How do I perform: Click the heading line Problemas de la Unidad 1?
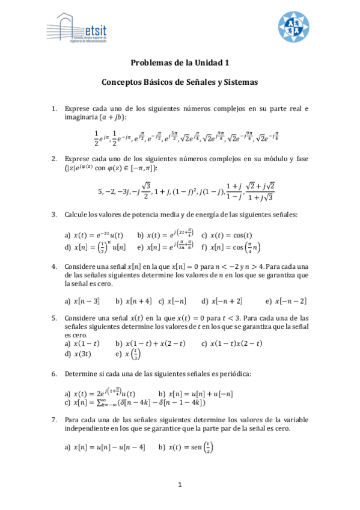click(180, 63)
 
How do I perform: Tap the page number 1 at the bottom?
click(180, 485)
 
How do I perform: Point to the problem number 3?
click(54, 214)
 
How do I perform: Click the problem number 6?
click(54, 373)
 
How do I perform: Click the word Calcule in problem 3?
click(76, 214)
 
